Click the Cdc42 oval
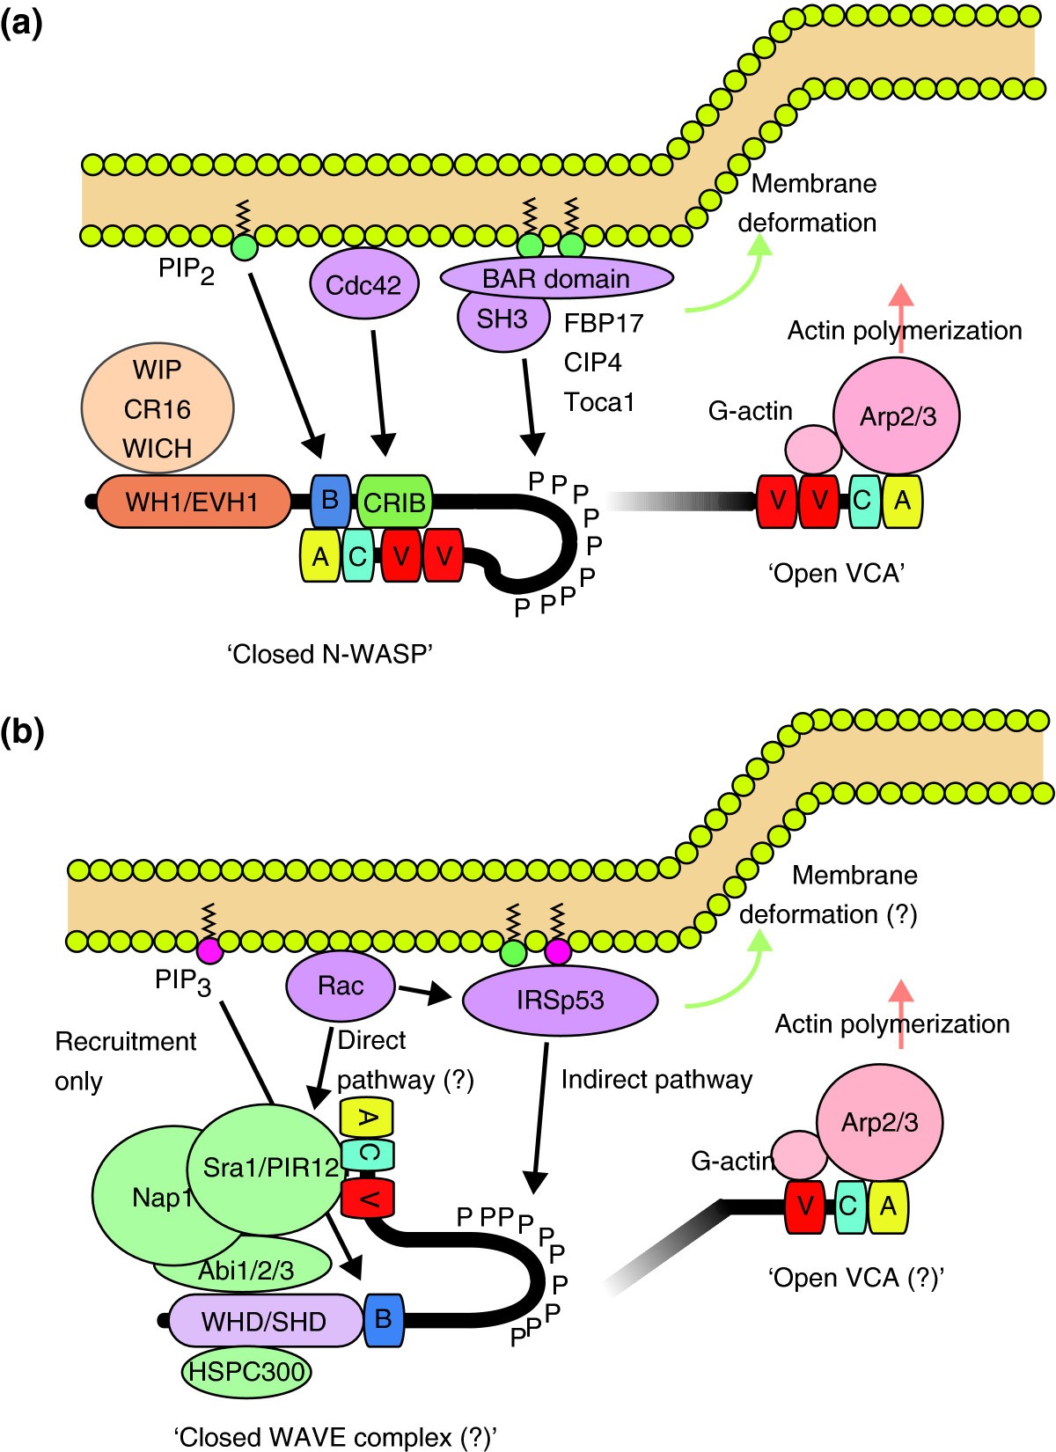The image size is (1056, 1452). pyautogui.click(x=363, y=285)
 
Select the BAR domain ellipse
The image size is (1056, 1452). pyautogui.click(x=556, y=279)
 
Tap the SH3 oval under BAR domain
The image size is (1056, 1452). pyautogui.click(x=502, y=319)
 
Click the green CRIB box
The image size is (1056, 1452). pyautogui.click(x=394, y=502)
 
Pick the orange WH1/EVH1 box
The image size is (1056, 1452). pyautogui.click(x=193, y=502)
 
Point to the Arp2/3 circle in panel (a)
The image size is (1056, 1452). pyautogui.click(x=897, y=415)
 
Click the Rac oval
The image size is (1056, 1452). pyautogui.click(x=341, y=986)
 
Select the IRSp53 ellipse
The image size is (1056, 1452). pyautogui.click(x=560, y=1001)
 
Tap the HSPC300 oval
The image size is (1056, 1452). pyautogui.click(x=247, y=1371)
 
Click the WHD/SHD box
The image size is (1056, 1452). pyautogui.click(x=264, y=1321)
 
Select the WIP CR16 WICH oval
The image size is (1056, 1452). pyautogui.click(x=158, y=409)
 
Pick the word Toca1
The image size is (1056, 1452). pyautogui.click(x=599, y=402)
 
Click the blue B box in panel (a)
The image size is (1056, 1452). pyautogui.click(x=329, y=501)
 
